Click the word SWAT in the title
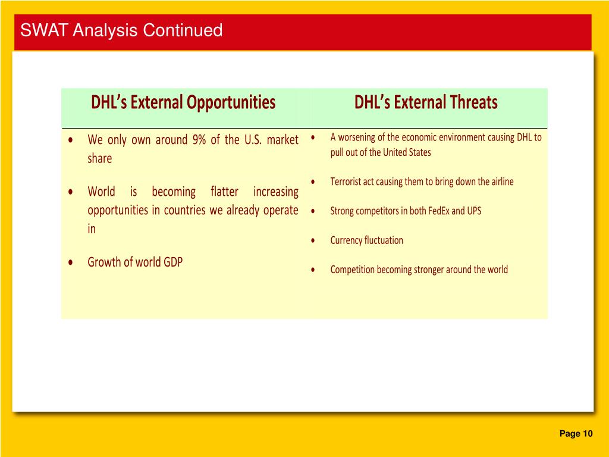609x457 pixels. (x=44, y=30)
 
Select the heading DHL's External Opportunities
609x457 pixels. (x=183, y=102)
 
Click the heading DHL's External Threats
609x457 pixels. (x=426, y=102)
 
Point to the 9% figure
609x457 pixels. (x=199, y=139)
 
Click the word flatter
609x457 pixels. (x=224, y=192)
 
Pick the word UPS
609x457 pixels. (x=474, y=211)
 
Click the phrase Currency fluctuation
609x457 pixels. (x=366, y=240)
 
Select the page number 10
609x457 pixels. (x=587, y=434)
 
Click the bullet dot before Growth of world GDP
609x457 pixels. (x=70, y=262)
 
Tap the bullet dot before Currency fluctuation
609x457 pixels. (x=313, y=240)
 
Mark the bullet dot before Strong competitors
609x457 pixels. (x=313, y=211)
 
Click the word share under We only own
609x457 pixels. (x=100, y=158)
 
